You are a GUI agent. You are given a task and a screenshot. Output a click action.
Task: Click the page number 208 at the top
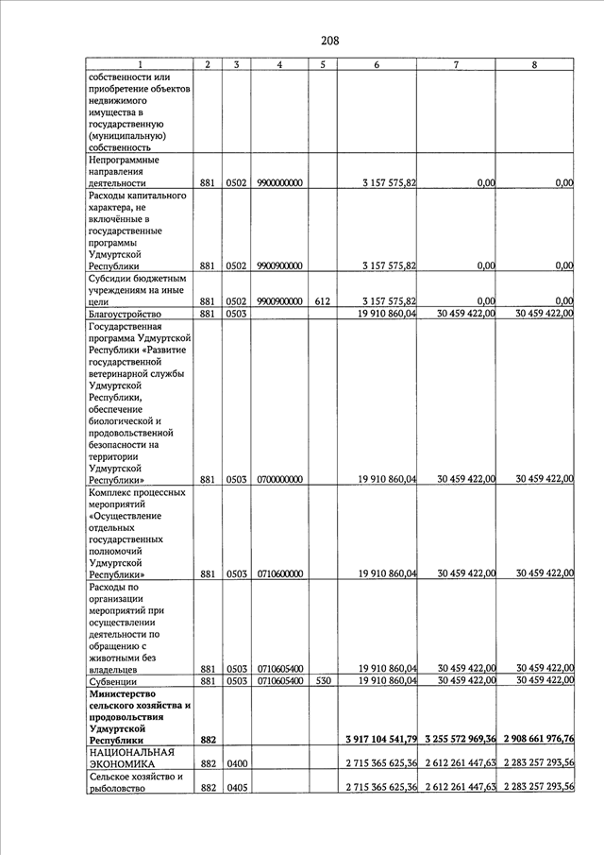(329, 41)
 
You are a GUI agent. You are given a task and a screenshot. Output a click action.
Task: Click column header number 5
(322, 64)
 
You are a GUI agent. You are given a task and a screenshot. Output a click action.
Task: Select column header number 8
(535, 64)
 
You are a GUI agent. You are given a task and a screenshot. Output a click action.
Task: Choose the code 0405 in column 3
(236, 789)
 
